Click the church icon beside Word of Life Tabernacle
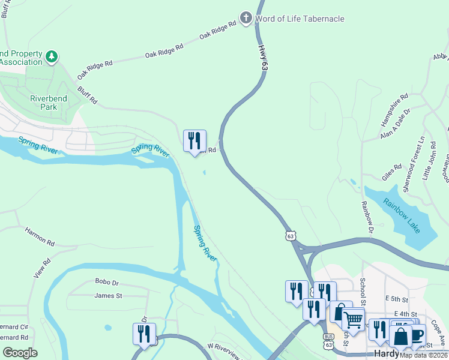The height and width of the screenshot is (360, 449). pos(246,18)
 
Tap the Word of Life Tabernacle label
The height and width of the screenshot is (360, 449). pos(300,19)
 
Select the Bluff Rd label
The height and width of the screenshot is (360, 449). pos(86,94)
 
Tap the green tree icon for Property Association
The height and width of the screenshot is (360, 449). pos(52,57)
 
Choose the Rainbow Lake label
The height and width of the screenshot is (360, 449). pos(403,215)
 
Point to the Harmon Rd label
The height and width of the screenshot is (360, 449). pos(40,235)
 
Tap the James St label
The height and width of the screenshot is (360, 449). pos(108,295)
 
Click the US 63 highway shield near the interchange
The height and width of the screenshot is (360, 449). pos(291,236)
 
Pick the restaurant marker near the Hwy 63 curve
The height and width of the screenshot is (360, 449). pos(194,142)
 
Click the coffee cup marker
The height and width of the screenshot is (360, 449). pos(416,334)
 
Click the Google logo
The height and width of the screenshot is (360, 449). pos(20,352)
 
